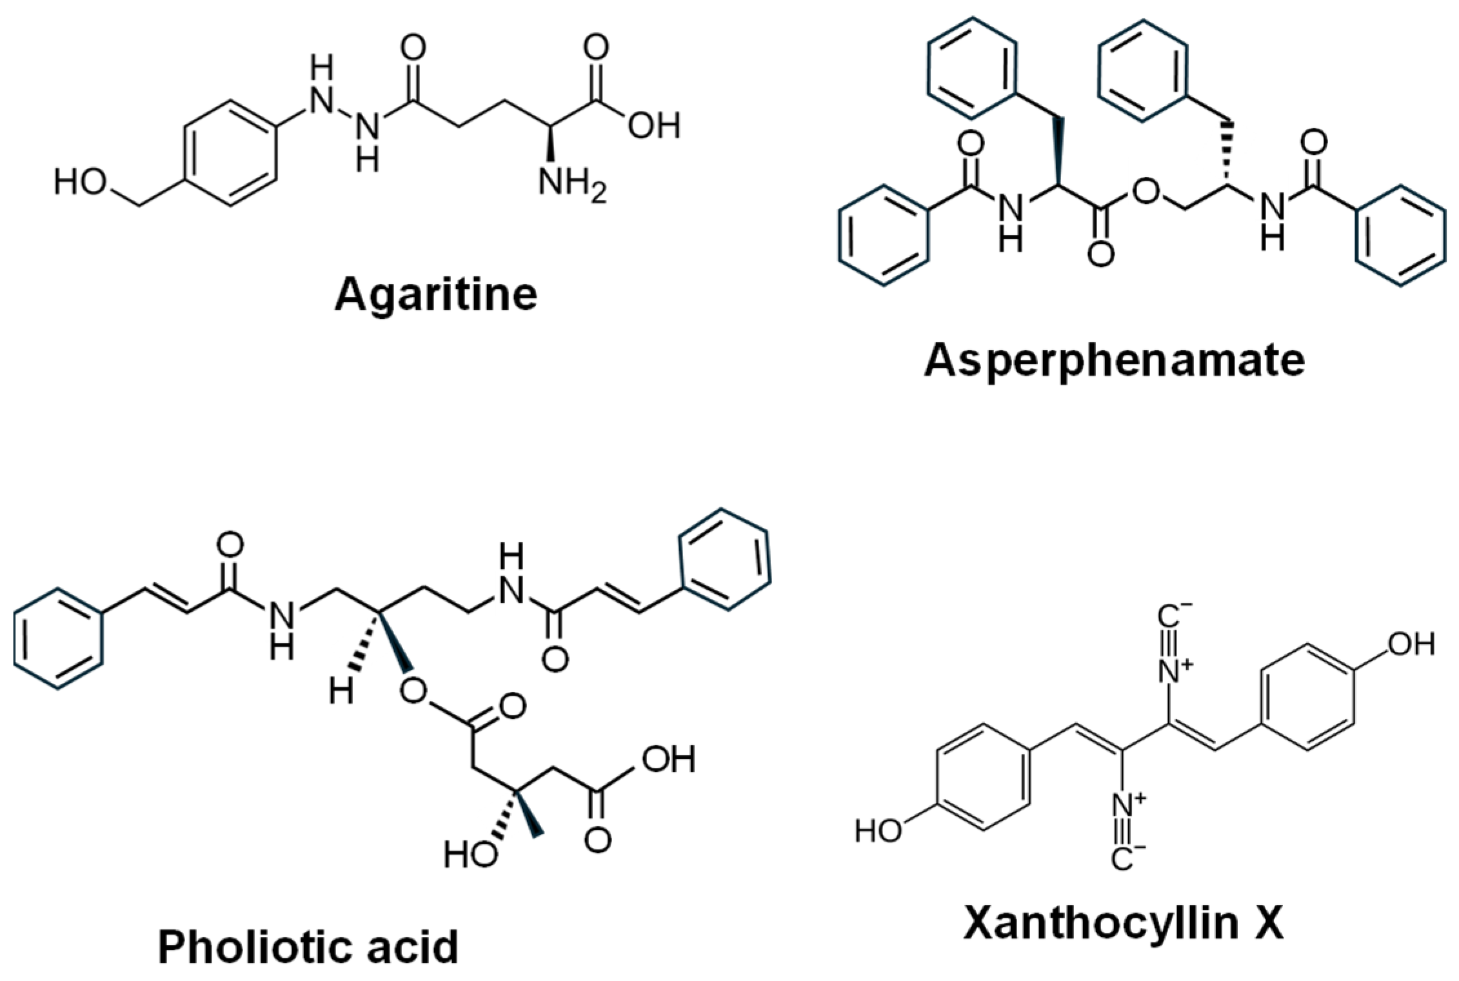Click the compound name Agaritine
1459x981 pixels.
tap(436, 295)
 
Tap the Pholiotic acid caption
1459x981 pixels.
tap(308, 947)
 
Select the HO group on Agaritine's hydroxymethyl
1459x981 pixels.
tap(81, 183)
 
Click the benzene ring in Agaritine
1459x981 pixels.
tap(231, 153)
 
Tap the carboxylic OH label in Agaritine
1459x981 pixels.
tap(654, 126)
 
